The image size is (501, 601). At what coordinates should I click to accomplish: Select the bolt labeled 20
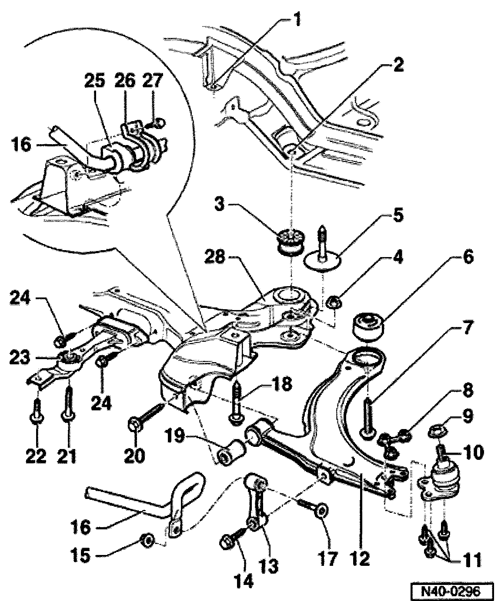[x=144, y=416]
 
